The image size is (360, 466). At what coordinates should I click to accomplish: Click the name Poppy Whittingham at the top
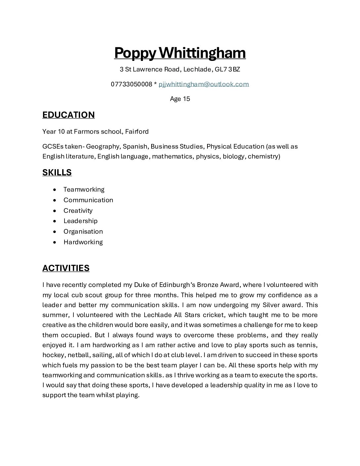click(180, 53)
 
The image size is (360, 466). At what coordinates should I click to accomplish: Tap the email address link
click(203, 84)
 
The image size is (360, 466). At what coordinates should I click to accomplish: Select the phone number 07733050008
click(131, 84)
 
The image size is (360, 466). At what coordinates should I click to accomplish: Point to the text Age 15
click(180, 99)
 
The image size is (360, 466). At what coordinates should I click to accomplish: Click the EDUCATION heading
click(68, 115)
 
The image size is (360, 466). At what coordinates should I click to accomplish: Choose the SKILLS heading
click(57, 172)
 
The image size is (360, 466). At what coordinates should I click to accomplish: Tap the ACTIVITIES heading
click(66, 268)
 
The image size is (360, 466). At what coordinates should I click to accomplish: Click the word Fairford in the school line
click(137, 131)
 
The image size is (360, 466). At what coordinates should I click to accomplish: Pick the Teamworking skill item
click(84, 189)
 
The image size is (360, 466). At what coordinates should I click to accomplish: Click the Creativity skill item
click(78, 210)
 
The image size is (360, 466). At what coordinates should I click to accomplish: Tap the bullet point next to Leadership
click(55, 221)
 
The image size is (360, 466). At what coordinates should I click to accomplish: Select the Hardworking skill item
click(83, 242)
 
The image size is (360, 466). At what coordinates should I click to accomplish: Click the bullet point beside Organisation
click(55, 232)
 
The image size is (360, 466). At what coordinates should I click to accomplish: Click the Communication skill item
click(88, 200)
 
